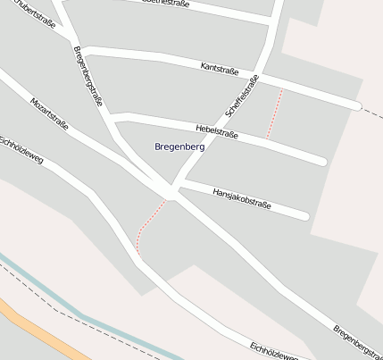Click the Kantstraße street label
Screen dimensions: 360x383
click(x=221, y=68)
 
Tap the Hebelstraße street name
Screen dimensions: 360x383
click(x=215, y=131)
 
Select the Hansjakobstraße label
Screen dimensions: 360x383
click(x=241, y=198)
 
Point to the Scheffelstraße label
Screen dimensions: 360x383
click(x=242, y=96)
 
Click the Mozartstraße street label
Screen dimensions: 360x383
click(x=49, y=115)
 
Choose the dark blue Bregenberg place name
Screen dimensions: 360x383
click(x=179, y=146)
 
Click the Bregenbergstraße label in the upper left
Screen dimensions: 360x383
click(x=88, y=76)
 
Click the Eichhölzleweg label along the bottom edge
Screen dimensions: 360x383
click(x=274, y=351)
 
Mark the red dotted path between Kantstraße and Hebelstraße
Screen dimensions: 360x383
click(x=274, y=113)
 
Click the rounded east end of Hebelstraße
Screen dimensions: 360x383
click(x=321, y=162)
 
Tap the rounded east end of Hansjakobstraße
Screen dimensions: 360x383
click(x=304, y=215)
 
